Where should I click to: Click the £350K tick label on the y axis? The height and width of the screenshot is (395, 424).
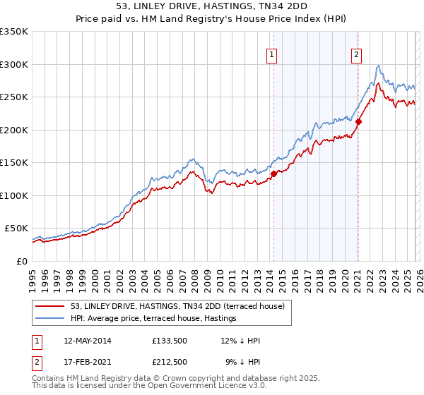(14, 32)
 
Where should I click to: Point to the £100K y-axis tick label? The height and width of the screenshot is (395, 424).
(14, 195)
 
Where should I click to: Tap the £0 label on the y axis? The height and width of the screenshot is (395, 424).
(21, 261)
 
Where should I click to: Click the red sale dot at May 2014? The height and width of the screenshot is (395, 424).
(273, 173)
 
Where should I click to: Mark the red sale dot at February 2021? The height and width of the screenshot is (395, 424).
(358, 121)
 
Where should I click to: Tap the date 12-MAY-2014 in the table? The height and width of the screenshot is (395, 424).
(87, 341)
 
